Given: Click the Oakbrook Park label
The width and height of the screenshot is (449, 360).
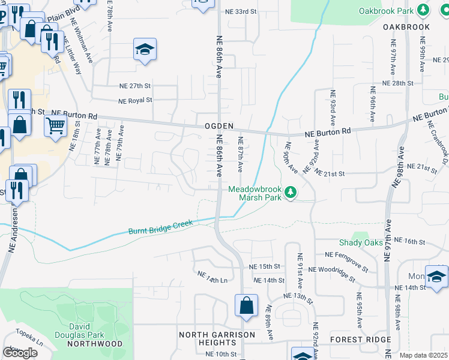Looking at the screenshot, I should click(387, 11).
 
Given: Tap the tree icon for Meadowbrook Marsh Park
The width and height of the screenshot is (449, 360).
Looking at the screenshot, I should click(291, 192).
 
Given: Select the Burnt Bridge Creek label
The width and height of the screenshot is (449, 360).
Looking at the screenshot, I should click(160, 227).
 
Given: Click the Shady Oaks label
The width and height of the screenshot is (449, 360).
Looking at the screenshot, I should click(360, 242).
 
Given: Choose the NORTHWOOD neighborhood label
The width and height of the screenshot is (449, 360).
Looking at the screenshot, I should click(95, 344).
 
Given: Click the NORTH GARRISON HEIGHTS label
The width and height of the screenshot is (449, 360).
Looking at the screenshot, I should click(217, 338).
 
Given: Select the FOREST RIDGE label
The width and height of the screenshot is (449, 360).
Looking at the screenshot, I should click(360, 339).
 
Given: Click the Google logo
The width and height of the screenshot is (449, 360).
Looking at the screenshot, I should click(20, 352).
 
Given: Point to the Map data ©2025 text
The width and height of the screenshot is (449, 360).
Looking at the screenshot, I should click(424, 355).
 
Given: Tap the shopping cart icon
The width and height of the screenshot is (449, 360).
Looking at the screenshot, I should click(55, 126).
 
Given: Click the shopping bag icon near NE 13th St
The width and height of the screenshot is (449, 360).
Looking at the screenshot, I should click(246, 305).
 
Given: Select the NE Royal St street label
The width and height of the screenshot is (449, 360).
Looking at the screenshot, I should click(135, 101).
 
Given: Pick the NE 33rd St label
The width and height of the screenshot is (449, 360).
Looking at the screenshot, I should click(240, 11).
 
